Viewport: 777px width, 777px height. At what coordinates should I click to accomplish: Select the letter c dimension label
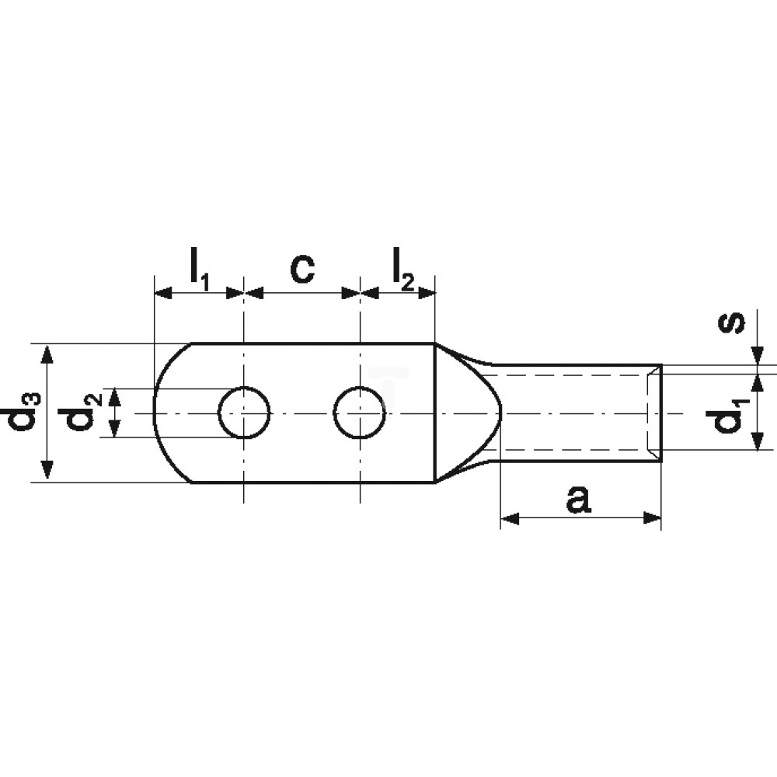click(x=302, y=269)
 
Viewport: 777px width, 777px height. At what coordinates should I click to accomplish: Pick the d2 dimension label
click(x=81, y=413)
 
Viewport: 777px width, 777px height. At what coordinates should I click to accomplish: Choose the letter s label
click(x=732, y=323)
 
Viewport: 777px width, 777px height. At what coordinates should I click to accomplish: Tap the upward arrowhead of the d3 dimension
click(x=47, y=354)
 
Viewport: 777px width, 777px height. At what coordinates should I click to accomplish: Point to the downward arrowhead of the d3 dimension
click(x=47, y=470)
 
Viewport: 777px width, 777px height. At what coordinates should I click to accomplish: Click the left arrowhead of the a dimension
click(x=510, y=519)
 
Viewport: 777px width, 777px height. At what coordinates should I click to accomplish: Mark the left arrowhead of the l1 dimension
click(x=163, y=294)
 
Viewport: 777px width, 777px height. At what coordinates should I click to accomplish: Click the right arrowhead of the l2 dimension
click(x=427, y=294)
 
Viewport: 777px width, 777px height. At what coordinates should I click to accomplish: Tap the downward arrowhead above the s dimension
click(x=758, y=356)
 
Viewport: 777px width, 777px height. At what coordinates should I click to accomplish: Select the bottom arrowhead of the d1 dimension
click(x=758, y=441)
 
